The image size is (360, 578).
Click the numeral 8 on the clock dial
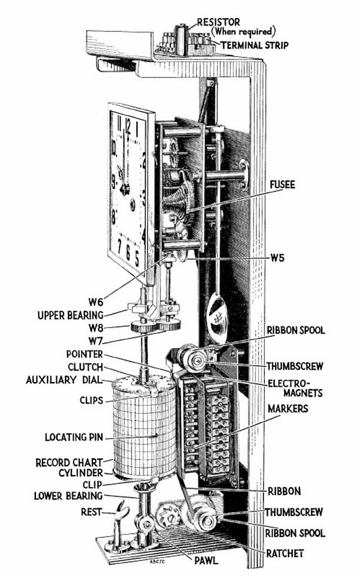(113, 216)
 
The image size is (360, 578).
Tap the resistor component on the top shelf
(179, 39)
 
